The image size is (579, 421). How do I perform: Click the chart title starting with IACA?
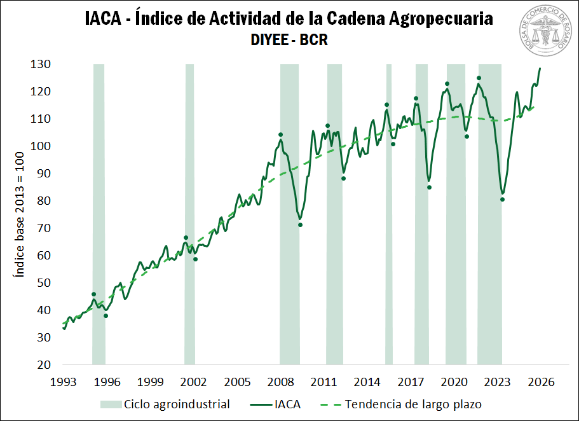[289, 18]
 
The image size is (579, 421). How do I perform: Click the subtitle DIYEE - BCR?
[289, 40]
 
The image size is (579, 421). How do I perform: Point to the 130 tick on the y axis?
[43, 64]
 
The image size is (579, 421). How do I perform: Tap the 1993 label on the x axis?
[64, 382]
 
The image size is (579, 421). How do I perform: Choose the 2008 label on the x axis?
[280, 382]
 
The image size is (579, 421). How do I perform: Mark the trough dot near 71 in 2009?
[300, 224]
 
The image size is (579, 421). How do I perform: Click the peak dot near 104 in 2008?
[280, 135]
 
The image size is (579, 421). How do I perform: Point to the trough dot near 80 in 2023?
[502, 200]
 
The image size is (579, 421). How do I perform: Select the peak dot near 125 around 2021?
[479, 78]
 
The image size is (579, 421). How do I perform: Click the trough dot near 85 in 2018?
[429, 187]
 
